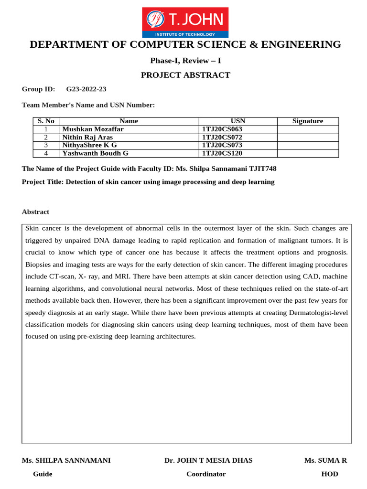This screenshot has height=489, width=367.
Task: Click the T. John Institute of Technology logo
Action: [185, 22]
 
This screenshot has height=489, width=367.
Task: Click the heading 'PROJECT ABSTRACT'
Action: [185, 75]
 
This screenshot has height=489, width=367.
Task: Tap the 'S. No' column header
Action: [46, 121]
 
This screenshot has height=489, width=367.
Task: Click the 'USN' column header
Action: [238, 121]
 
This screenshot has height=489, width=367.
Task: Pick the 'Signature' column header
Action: [308, 121]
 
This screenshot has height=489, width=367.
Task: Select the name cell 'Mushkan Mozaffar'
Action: [90, 129]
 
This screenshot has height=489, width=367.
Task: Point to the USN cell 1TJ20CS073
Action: [223, 145]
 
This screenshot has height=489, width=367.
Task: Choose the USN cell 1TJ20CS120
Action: [223, 153]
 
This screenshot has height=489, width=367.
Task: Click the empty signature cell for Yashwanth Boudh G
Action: [308, 153]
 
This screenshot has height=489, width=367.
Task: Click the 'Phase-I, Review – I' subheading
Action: [185, 60]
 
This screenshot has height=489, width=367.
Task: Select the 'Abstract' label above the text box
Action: [35, 212]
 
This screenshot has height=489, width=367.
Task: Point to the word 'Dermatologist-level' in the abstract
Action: [318, 312]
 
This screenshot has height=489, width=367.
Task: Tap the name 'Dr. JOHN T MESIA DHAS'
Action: [208, 460]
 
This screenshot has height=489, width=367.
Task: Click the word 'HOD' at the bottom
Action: [330, 474]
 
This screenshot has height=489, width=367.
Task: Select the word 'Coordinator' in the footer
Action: [206, 474]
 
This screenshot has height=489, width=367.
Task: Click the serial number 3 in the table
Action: [46, 145]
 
